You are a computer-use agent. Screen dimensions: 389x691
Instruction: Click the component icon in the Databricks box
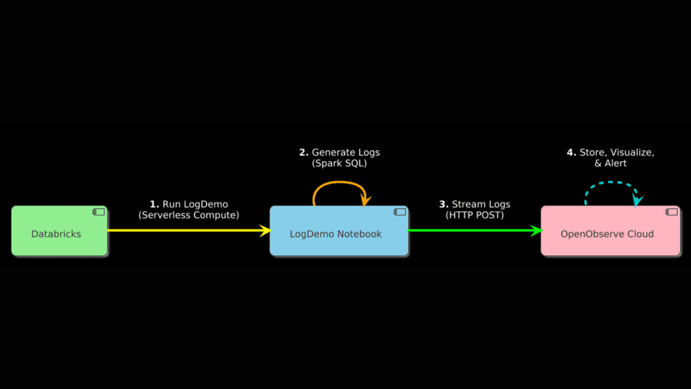click(99, 211)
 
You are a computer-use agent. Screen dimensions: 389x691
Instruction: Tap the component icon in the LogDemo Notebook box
click(399, 211)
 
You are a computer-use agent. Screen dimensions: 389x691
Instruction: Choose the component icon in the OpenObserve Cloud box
click(671, 211)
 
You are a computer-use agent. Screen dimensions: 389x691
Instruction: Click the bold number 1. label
click(154, 205)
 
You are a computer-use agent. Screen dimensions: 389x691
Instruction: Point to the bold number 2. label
click(303, 152)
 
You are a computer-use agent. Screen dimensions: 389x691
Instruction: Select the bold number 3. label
click(444, 205)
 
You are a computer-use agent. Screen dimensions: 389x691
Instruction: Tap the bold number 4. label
click(571, 152)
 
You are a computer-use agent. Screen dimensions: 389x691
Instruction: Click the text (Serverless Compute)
click(189, 216)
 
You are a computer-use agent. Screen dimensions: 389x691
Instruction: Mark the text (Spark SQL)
click(339, 164)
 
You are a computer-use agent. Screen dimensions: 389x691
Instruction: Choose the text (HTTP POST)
click(475, 216)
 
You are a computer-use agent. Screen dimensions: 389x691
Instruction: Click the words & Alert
click(610, 164)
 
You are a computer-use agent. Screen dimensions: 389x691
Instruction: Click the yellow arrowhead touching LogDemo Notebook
click(264, 231)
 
